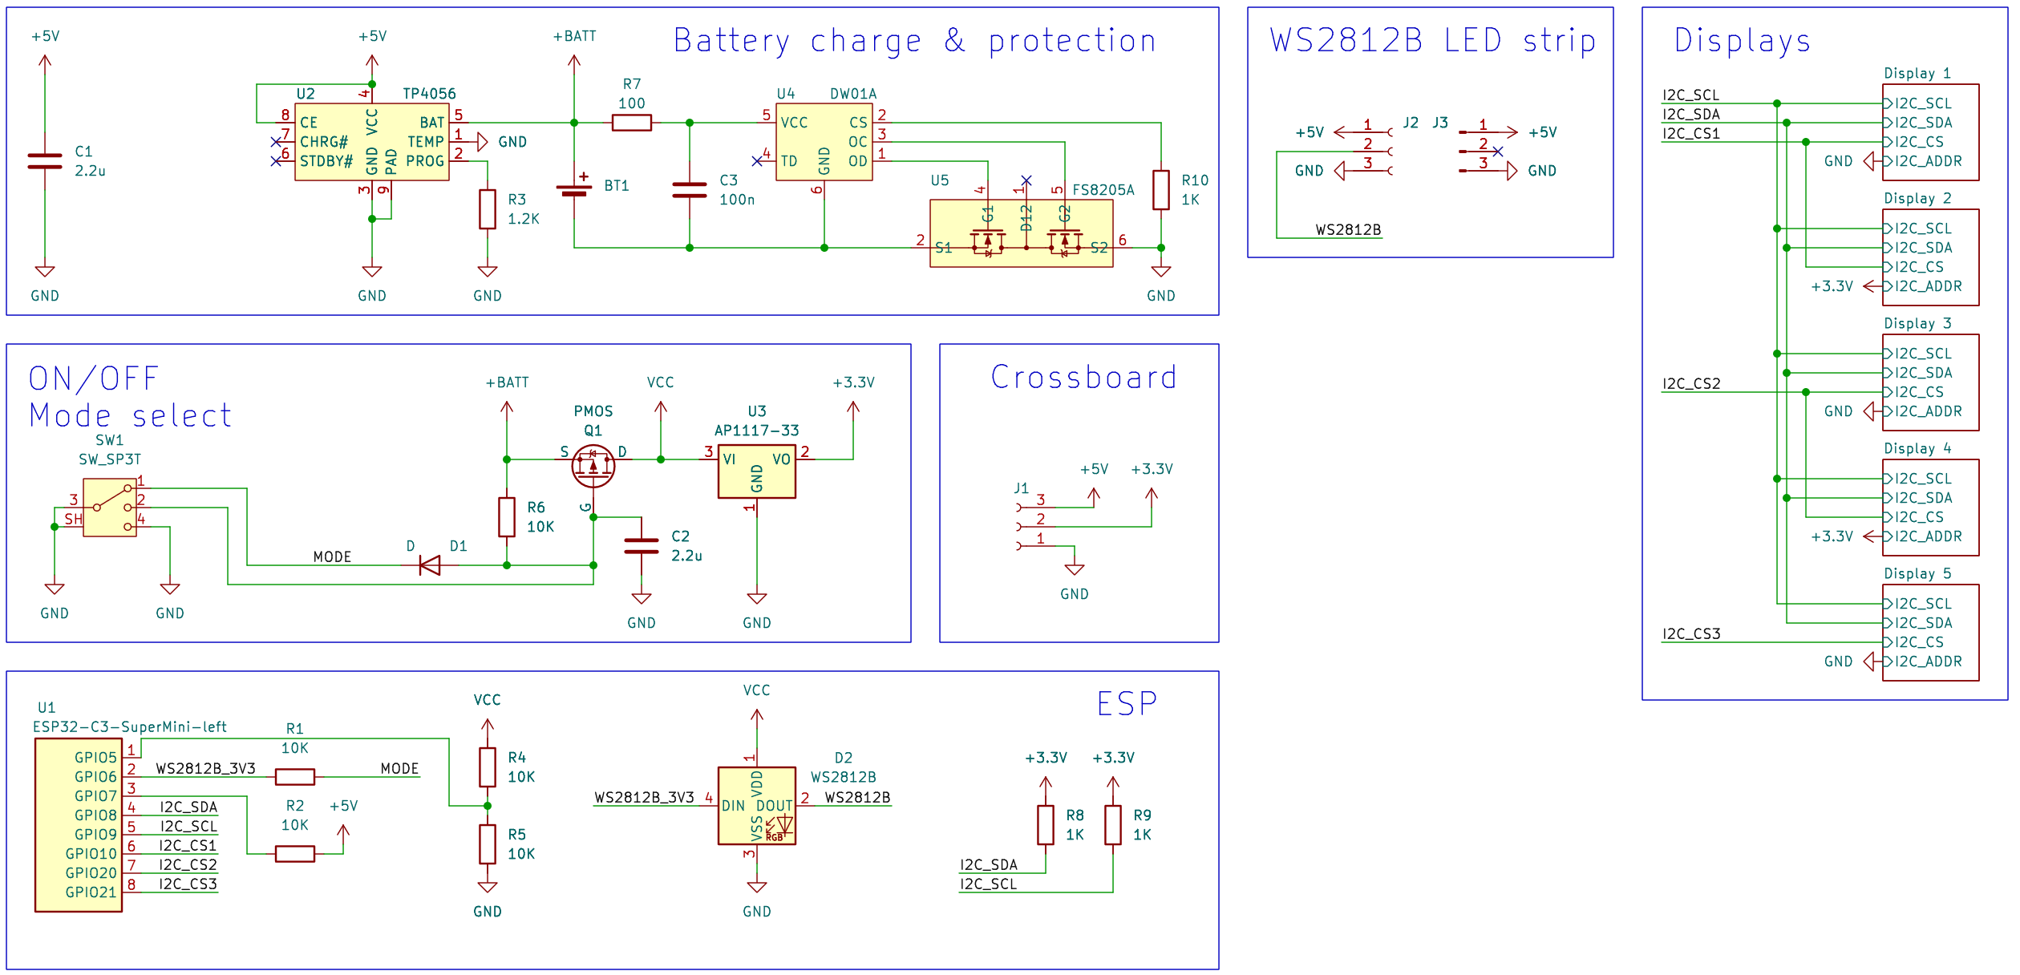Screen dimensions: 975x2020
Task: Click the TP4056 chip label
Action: click(429, 94)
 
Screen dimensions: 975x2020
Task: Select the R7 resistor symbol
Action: click(631, 123)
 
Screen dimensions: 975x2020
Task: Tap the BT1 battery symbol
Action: click(574, 189)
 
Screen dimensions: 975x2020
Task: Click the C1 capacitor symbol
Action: click(45, 161)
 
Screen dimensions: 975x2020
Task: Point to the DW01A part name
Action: click(853, 94)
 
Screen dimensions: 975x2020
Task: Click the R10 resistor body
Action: click(1160, 190)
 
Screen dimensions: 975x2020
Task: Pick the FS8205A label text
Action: click(1103, 190)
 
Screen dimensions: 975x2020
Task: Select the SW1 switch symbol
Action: click(110, 508)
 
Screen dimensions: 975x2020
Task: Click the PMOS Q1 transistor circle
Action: click(593, 466)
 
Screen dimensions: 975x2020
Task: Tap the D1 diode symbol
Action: click(430, 565)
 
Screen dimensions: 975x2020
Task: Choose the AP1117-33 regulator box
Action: click(756, 471)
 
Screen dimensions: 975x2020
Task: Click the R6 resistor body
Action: click(507, 517)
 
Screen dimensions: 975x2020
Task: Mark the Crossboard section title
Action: click(1083, 377)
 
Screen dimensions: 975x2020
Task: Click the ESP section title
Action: click(1127, 704)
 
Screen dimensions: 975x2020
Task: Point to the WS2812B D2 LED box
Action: click(756, 806)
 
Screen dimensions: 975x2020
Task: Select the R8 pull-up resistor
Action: click(1046, 825)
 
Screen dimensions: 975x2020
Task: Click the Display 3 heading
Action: click(1917, 323)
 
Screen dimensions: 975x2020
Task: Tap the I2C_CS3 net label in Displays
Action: click(1691, 633)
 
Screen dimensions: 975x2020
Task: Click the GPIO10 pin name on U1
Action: click(91, 854)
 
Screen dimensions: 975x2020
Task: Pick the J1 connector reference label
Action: click(1021, 487)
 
